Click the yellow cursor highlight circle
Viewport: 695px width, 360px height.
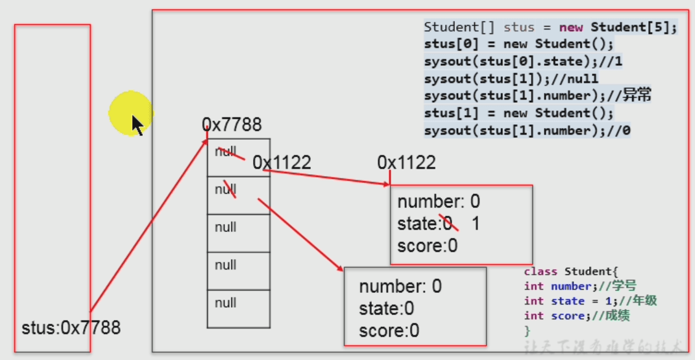tap(131, 113)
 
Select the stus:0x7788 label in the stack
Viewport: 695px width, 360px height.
tap(71, 327)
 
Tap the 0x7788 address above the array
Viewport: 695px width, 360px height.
tap(232, 126)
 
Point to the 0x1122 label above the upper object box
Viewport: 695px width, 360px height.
tap(406, 162)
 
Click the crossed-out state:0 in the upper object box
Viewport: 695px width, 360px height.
tap(425, 223)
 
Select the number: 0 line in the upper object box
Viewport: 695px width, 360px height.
tap(438, 202)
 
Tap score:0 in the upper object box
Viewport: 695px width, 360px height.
tap(427, 246)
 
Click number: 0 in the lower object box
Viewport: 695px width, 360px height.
tap(400, 286)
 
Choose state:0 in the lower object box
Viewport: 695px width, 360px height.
tap(387, 308)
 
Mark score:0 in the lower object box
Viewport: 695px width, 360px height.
tap(389, 330)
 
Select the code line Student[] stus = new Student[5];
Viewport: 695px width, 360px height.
tap(550, 28)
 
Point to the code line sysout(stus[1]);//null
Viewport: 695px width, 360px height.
tap(511, 78)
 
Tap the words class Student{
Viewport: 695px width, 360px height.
tap(570, 271)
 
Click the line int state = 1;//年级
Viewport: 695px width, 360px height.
tap(590, 301)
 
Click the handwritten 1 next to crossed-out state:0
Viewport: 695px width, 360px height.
tap(475, 223)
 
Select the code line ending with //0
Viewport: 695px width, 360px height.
tap(527, 130)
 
